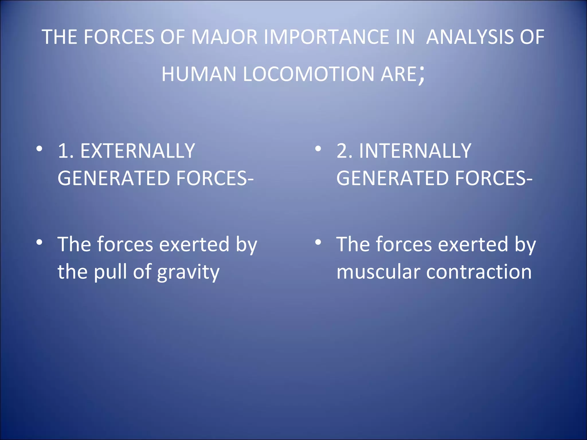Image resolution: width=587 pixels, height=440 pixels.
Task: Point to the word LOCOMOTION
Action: (x=308, y=74)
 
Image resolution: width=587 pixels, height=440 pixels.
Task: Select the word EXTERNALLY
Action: (x=138, y=151)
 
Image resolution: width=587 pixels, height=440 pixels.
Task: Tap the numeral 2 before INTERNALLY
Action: (x=343, y=151)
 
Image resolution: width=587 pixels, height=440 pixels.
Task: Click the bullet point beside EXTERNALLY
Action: (x=39, y=149)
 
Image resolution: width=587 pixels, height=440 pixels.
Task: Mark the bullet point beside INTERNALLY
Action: (x=318, y=149)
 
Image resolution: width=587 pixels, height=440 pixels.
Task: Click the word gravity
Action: (x=188, y=272)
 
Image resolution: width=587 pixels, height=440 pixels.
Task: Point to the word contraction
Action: (x=479, y=272)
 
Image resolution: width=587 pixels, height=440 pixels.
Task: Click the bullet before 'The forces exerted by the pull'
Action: (x=39, y=242)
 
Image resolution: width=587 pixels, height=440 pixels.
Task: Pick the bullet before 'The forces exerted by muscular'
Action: (x=318, y=242)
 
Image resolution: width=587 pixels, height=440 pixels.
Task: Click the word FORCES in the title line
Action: (x=119, y=37)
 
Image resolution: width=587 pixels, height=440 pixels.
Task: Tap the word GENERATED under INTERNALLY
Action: (x=392, y=178)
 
